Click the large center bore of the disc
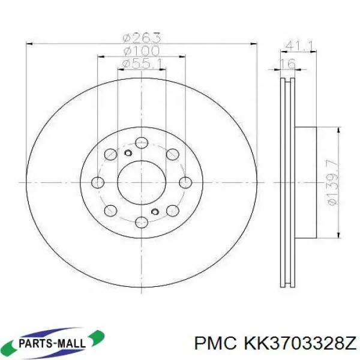pos(142,182)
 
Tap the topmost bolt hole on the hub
pos(142,142)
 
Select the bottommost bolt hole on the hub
pos(142,221)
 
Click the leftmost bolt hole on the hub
pos(98,182)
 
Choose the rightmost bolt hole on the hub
pos(186,182)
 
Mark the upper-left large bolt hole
pos(110,155)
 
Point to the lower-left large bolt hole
pos(110,210)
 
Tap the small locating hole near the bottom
pos(155,211)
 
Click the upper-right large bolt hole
pos(173,155)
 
